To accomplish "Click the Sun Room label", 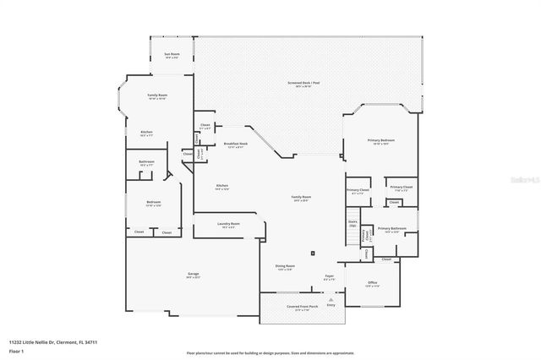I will click(171, 55).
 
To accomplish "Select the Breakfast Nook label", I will click(236, 145).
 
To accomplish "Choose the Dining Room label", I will click(284, 265).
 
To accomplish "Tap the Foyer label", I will click(330, 275).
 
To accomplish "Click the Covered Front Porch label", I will click(295, 308).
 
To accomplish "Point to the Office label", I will click(372, 283).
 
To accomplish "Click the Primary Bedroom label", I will click(381, 140).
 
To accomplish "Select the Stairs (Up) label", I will click(352, 224).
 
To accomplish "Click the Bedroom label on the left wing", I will click(153, 202).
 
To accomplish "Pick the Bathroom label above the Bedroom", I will click(146, 162).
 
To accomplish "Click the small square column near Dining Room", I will click(312, 252).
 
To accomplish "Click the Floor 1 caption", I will click(16, 350).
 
